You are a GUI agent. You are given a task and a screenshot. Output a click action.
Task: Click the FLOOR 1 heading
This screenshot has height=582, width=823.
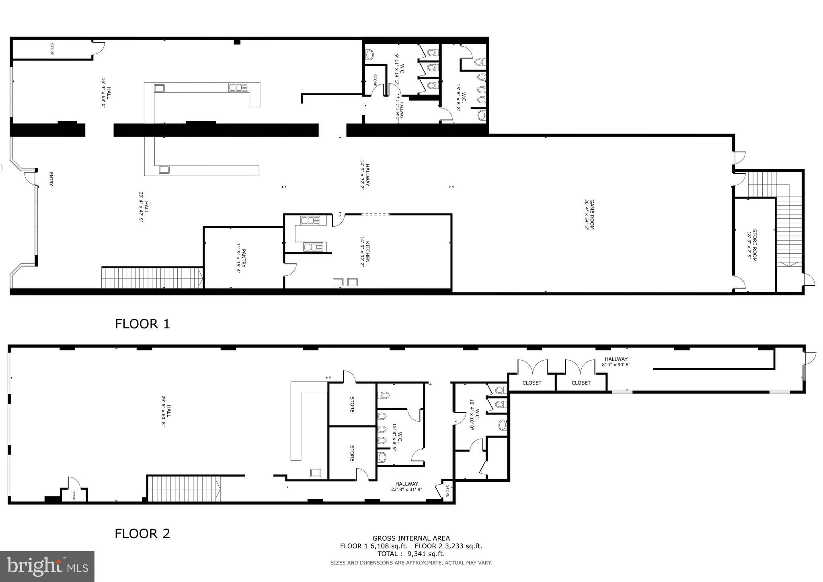[x=142, y=324]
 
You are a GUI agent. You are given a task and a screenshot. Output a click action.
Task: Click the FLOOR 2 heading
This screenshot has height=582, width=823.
[x=142, y=533]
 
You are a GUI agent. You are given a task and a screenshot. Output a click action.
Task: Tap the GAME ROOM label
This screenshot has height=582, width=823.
[x=592, y=214]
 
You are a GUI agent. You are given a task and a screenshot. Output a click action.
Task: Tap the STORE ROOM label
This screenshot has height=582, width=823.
[x=755, y=245]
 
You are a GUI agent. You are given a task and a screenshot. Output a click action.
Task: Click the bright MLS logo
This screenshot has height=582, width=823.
[x=47, y=566]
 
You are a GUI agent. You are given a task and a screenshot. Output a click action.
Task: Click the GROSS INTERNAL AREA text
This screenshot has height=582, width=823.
[x=411, y=538]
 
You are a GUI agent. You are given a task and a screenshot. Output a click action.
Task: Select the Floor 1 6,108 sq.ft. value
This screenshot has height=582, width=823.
[x=374, y=546]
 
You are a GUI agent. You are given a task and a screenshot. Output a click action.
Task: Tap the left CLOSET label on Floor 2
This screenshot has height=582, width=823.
[x=532, y=383]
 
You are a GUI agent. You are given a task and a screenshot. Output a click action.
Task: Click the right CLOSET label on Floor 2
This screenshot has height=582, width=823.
[x=581, y=383]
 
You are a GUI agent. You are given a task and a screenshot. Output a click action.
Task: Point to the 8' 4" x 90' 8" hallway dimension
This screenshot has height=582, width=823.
[x=616, y=365]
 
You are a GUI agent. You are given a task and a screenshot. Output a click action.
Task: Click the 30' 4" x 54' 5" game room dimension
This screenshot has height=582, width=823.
[x=587, y=214]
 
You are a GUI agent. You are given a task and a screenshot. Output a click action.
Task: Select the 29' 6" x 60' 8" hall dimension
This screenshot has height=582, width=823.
[x=164, y=416]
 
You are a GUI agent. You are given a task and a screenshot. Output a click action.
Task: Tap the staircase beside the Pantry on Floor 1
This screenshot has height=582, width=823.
[x=152, y=277]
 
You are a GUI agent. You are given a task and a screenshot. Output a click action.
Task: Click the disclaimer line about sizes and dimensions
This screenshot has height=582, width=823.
[x=411, y=563]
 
